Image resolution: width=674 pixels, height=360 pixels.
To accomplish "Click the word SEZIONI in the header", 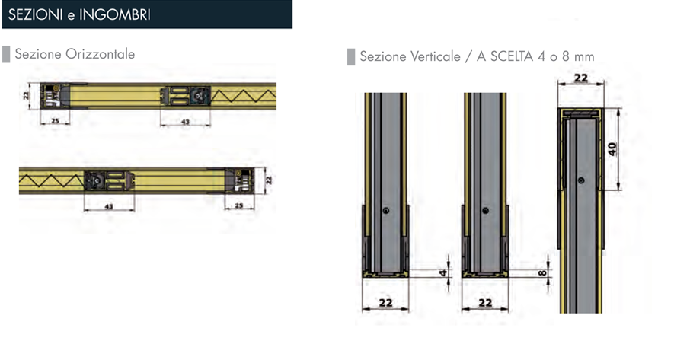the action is pos(36,14).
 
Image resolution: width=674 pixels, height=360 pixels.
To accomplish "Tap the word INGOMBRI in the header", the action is pos(115,14).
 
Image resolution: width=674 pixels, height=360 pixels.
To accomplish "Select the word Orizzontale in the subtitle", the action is pos(100,54).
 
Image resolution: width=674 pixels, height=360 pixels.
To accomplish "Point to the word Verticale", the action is pos(436,56).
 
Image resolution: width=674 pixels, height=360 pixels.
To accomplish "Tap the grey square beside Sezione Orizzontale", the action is pos(6,54).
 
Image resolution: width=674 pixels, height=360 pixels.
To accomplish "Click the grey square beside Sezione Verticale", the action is pos(351,57).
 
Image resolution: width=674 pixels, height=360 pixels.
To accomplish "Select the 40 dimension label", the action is pos(612,149).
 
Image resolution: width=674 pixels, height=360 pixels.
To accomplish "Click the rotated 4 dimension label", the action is pos(443,272).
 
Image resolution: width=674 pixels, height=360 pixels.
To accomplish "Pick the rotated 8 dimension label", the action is pos(542,272).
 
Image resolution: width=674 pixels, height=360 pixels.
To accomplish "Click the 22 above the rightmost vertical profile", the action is pos(581,78).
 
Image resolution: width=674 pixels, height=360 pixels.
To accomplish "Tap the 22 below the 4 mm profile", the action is pos(385,303).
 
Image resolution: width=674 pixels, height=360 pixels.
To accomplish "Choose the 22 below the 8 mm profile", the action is pos(485,303).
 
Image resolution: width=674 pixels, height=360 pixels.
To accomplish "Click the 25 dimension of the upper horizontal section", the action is pos(55,121).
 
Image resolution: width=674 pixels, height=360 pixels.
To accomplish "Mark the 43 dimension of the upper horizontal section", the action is pos(185,122).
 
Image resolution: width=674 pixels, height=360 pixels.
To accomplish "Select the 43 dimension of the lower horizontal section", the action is pos(109,206).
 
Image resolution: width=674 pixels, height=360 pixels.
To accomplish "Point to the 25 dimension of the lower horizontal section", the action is pos(239,205).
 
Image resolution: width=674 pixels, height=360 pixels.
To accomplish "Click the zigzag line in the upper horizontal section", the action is pos(243,95).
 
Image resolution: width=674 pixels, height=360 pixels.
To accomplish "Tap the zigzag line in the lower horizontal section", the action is pos(51,180).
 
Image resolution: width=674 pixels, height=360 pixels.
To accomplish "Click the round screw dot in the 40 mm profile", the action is pos(581,180).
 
